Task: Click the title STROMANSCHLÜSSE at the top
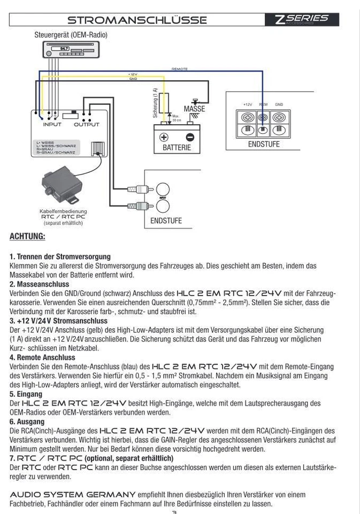pos(137,20)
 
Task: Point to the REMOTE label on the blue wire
pos(180,69)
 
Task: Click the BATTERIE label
pos(177,147)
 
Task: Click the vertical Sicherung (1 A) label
pos(156,103)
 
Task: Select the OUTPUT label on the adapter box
pos(86,124)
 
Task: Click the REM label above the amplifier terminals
pos(263,105)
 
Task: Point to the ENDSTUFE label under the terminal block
pos(264,144)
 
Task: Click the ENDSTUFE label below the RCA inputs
pos(166,220)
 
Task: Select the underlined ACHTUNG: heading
pos(27,236)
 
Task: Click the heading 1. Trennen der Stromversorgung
pos(60,256)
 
